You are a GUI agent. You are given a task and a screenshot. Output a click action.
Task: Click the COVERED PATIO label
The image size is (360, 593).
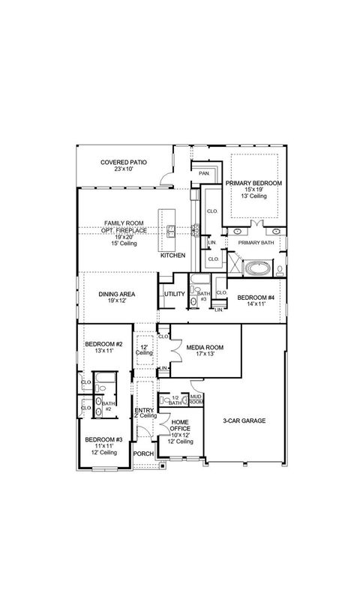point(124,162)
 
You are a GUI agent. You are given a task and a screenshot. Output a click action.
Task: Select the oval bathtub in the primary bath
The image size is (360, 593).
point(258,266)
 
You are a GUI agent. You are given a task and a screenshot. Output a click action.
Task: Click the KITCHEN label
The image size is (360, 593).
point(173,256)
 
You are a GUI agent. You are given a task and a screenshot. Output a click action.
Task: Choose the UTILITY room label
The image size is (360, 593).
point(174,295)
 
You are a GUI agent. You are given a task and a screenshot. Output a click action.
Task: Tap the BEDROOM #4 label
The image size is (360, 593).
point(256,298)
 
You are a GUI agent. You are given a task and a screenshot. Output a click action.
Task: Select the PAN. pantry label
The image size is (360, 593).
point(203,174)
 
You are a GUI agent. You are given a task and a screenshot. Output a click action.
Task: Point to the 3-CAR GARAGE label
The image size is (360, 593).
point(244,421)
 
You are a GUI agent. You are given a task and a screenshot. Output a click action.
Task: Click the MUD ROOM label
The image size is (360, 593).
point(196,399)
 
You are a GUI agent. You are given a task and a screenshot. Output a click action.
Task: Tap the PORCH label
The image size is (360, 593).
point(143,454)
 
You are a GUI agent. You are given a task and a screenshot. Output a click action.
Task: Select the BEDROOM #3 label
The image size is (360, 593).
point(103,439)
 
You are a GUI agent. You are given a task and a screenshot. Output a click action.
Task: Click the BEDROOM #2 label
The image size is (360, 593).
point(103,344)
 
